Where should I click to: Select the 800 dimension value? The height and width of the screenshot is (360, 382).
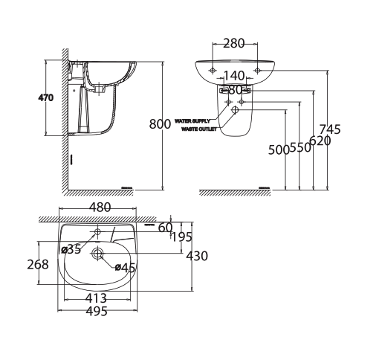coord(161,124)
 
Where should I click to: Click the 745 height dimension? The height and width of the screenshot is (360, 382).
coord(330,129)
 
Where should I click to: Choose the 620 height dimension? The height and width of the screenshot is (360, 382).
coord(320,140)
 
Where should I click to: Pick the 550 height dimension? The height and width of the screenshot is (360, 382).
coord(300,148)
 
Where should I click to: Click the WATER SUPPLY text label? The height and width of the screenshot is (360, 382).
coord(195,118)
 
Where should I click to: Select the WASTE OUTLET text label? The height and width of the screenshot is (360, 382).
coord(199,128)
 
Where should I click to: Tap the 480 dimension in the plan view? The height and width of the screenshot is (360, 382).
coord(100,208)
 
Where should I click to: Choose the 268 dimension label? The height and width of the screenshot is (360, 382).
coord(38,264)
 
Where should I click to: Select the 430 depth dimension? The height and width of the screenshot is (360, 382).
coord(197,256)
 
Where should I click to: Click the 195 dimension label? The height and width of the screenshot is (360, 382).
coord(181,237)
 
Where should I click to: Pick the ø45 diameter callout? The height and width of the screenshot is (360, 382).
coord(124,268)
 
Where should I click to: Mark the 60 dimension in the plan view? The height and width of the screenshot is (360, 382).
coord(165,227)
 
